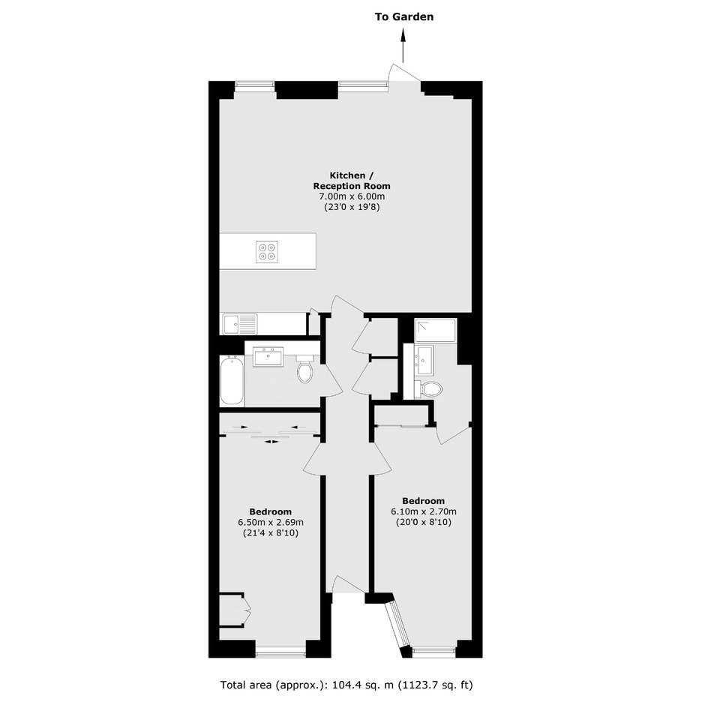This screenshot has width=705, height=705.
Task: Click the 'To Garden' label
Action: point(404,17)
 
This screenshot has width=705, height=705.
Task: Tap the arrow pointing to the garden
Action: point(403,45)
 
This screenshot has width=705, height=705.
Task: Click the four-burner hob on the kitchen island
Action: point(267,252)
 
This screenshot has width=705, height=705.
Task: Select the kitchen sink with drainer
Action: point(240,324)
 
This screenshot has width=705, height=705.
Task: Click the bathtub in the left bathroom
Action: point(232,380)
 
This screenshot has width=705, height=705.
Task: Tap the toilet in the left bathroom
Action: point(304,368)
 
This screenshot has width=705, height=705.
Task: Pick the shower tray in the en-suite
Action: point(436,331)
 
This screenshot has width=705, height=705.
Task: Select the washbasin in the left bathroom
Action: point(268,356)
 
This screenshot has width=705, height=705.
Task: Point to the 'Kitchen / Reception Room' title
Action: point(352,181)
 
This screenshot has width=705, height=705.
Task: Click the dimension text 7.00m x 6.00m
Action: point(352,196)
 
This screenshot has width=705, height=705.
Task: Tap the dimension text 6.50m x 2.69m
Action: point(271,523)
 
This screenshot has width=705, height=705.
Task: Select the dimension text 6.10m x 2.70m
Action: point(424,511)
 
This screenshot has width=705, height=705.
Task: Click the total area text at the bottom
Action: point(346,685)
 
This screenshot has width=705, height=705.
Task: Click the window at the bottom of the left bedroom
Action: point(280,652)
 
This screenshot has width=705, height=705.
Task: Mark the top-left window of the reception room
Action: point(254,85)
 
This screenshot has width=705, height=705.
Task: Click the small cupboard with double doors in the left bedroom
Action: point(234,610)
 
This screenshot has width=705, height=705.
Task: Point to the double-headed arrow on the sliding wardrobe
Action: point(271,442)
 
